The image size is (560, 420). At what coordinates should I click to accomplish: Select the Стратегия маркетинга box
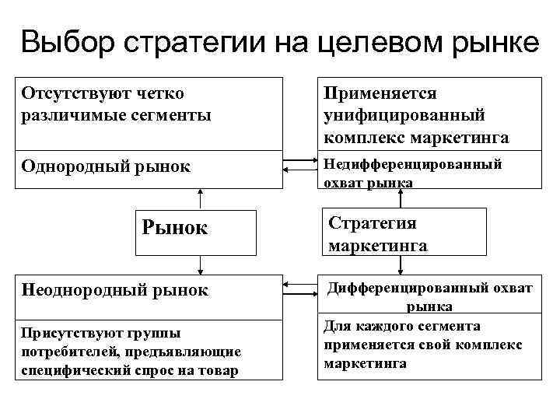pyautogui.click(x=400, y=234)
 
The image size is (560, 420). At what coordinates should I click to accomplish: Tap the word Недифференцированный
pyautogui.click(x=412, y=164)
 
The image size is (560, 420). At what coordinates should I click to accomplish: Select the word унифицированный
pyautogui.click(x=404, y=115)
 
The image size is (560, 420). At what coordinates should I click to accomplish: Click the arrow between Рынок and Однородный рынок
pyautogui.click(x=201, y=199)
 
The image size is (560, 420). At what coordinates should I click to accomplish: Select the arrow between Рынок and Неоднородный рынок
pyautogui.click(x=201, y=266)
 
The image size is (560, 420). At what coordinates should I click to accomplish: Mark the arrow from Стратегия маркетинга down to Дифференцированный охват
pyautogui.click(x=400, y=266)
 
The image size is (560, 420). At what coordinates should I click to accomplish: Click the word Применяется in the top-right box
pyautogui.click(x=380, y=94)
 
